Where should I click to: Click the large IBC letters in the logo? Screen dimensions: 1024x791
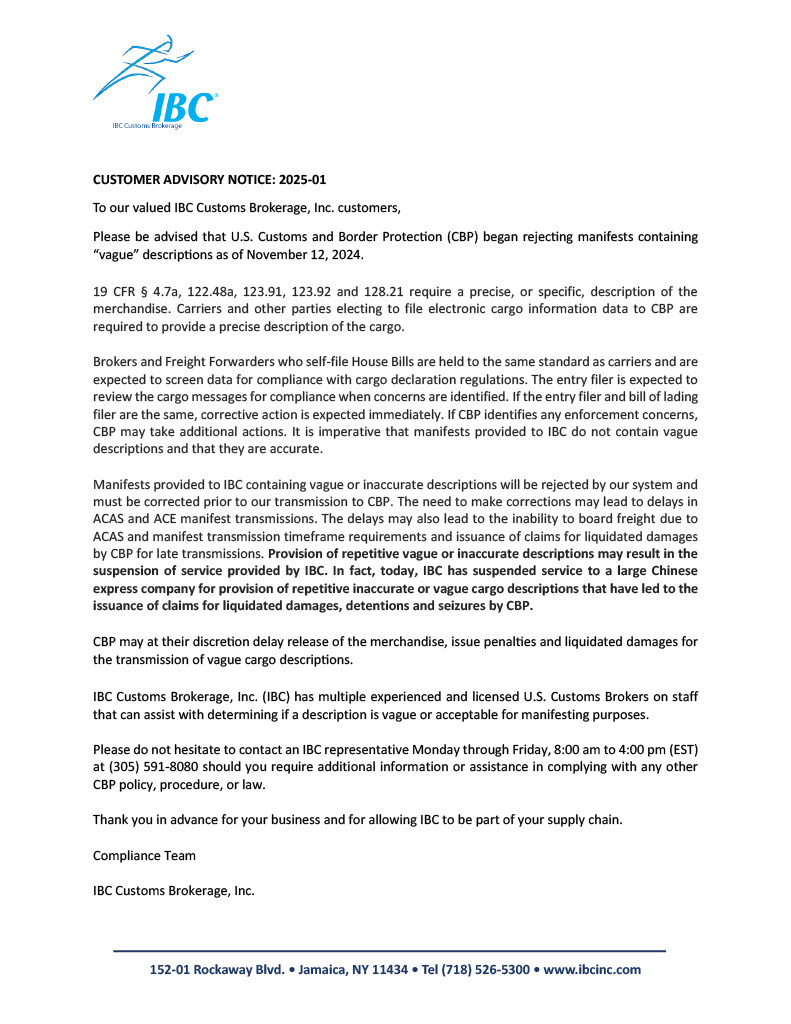click(182, 106)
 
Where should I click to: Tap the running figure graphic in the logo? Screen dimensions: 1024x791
click(140, 66)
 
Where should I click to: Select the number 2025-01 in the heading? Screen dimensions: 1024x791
click(297, 180)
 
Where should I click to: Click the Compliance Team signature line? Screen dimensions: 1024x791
click(144, 855)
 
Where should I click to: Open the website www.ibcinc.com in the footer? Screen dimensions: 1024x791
click(592, 969)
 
